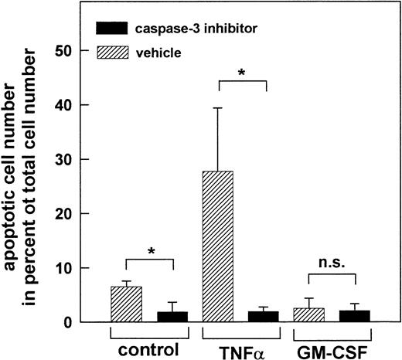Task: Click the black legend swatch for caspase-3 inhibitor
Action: click(x=116, y=28)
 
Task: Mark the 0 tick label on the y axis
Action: click(x=78, y=323)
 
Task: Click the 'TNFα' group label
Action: click(x=233, y=348)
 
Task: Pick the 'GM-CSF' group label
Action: click(x=332, y=348)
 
